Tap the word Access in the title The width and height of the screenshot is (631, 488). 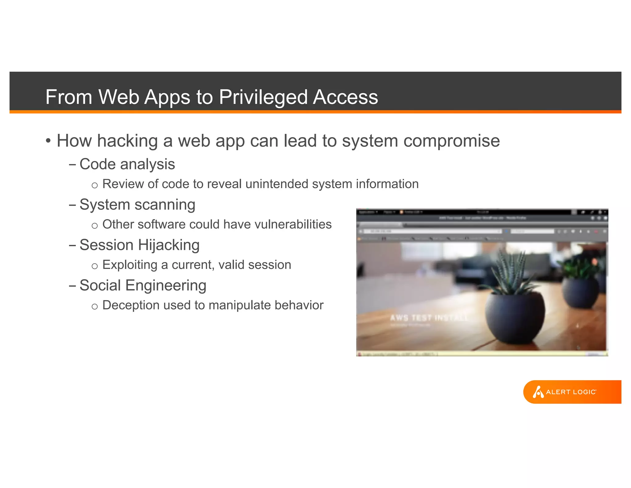coord(345,97)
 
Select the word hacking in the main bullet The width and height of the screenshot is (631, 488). coord(128,141)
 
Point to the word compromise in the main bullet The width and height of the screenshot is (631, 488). coord(451,141)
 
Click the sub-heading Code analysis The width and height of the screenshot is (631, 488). coord(127,164)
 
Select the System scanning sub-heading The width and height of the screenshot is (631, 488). coord(137,205)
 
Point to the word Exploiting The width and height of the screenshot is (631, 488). coord(130,265)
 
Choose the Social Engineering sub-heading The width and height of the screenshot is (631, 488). coord(143,285)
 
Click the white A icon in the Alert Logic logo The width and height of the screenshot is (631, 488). coord(538,392)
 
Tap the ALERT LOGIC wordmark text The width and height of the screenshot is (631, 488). coord(571,392)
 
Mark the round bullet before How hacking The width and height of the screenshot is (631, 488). coord(48,141)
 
